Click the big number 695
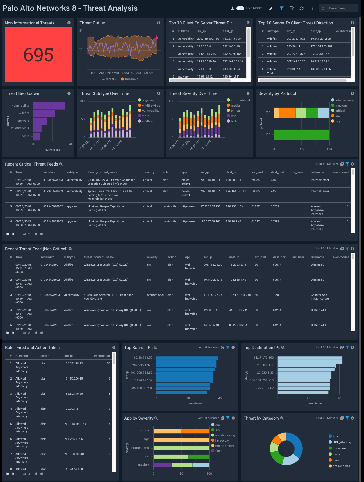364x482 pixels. coord(38,55)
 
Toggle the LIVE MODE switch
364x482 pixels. coord(240,8)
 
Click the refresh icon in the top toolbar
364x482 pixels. coord(301,8)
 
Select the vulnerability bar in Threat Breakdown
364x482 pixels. coord(49,106)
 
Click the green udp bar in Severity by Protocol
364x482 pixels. coord(301,134)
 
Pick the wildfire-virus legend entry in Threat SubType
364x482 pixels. coord(151,106)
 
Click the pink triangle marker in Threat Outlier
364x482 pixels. coord(156,37)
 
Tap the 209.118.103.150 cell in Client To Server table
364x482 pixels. coord(208,39)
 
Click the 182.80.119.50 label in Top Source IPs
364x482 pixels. coord(142,358)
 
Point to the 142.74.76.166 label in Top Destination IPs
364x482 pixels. coord(263,358)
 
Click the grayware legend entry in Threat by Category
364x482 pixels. coord(339,449)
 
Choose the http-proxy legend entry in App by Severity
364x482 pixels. coord(222,441)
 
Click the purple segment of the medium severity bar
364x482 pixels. coord(162,465)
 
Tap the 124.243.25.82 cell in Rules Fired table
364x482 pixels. coord(73,364)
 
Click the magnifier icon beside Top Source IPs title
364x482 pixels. coord(155,348)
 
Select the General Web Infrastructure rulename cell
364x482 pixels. coord(320,297)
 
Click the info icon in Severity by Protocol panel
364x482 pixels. coord(352,93)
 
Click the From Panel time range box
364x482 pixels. coord(338,8)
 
